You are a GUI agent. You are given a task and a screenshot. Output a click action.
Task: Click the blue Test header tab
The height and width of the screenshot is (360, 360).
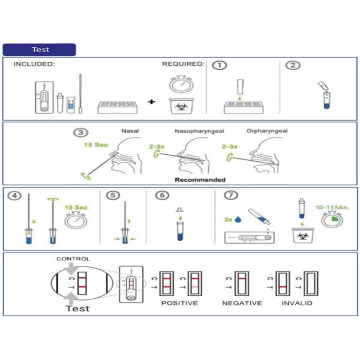tap(40, 50)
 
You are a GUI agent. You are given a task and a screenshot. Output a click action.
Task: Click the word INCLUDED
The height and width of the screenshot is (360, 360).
tap(35, 64)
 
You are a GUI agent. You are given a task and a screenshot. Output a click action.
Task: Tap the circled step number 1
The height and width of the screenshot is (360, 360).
tap(220, 65)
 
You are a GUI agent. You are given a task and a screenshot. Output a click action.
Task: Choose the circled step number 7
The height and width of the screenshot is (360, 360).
tap(232, 196)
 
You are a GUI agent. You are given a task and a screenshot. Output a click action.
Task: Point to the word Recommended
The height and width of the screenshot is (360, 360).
tap(200, 179)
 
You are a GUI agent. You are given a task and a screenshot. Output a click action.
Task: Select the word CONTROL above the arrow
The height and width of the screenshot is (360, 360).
tap(73, 259)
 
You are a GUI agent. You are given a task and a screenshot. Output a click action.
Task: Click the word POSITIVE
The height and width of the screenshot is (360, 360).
tap(179, 303)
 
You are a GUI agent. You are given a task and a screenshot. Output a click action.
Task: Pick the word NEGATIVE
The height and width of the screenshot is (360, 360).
tap(242, 303)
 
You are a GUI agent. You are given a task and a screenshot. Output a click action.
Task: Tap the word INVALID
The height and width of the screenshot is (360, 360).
tap(297, 303)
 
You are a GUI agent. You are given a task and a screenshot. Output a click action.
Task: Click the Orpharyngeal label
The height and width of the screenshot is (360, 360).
tap(264, 131)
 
